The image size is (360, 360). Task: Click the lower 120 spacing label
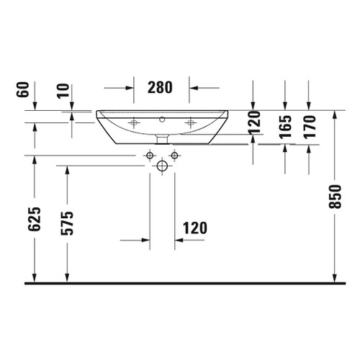(195, 228)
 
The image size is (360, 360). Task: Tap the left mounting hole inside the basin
(133, 123)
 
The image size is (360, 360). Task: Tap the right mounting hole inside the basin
(190, 123)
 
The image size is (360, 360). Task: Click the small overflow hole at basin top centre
(162, 116)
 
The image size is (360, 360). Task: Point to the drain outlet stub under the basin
(162, 137)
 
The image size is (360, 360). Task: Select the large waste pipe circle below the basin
(162, 166)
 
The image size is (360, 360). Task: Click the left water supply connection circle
(149, 156)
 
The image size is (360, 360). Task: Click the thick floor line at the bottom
(180, 284)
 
